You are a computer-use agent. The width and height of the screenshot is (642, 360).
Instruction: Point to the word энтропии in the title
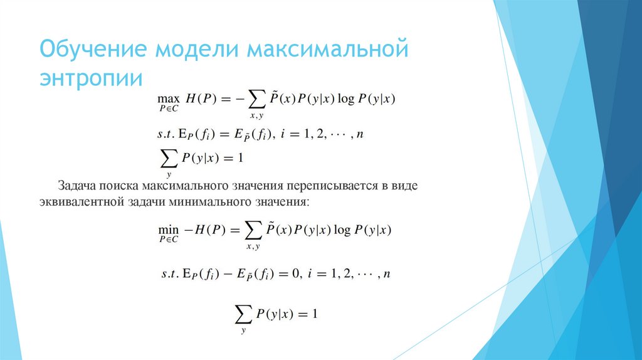point(92,80)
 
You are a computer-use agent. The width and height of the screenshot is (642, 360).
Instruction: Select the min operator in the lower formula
point(167,230)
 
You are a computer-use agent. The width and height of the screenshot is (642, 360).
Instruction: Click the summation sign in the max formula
point(254,99)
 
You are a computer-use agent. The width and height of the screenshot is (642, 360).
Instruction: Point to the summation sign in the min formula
point(253,231)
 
